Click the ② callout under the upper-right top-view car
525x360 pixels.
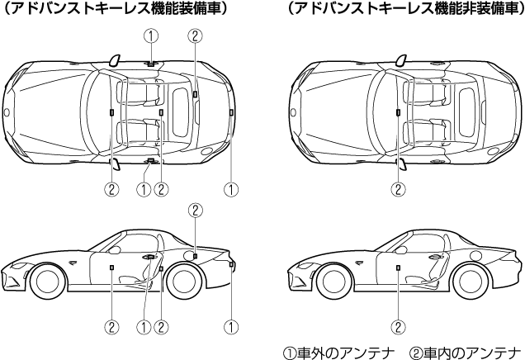398,189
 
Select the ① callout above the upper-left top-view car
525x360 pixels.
149,36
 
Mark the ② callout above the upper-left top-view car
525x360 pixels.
195,36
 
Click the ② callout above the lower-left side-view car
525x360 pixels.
195,210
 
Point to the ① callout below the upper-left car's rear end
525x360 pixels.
232,189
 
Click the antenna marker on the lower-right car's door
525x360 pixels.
398,267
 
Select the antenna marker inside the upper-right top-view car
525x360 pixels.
398,110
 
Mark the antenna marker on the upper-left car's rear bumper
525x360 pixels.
232,111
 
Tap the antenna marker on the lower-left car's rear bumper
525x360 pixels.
232,264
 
